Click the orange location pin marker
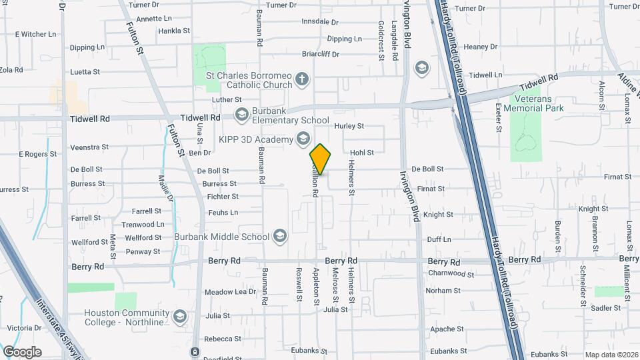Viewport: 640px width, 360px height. [x=321, y=159]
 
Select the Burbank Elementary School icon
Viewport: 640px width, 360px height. [x=241, y=115]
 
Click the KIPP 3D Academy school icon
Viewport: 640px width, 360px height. [x=303, y=139]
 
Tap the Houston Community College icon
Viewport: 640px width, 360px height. [x=179, y=316]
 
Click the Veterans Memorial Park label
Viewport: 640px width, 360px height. [x=533, y=103]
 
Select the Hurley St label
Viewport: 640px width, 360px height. [x=349, y=125]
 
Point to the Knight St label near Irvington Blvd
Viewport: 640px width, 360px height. [x=438, y=215]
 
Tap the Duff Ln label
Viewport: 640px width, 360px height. [x=439, y=239]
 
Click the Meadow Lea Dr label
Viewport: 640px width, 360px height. [x=230, y=292]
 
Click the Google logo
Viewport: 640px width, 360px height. [x=22, y=351]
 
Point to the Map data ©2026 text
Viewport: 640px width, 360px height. [x=611, y=355]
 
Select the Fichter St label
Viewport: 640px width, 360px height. [x=223, y=197]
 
